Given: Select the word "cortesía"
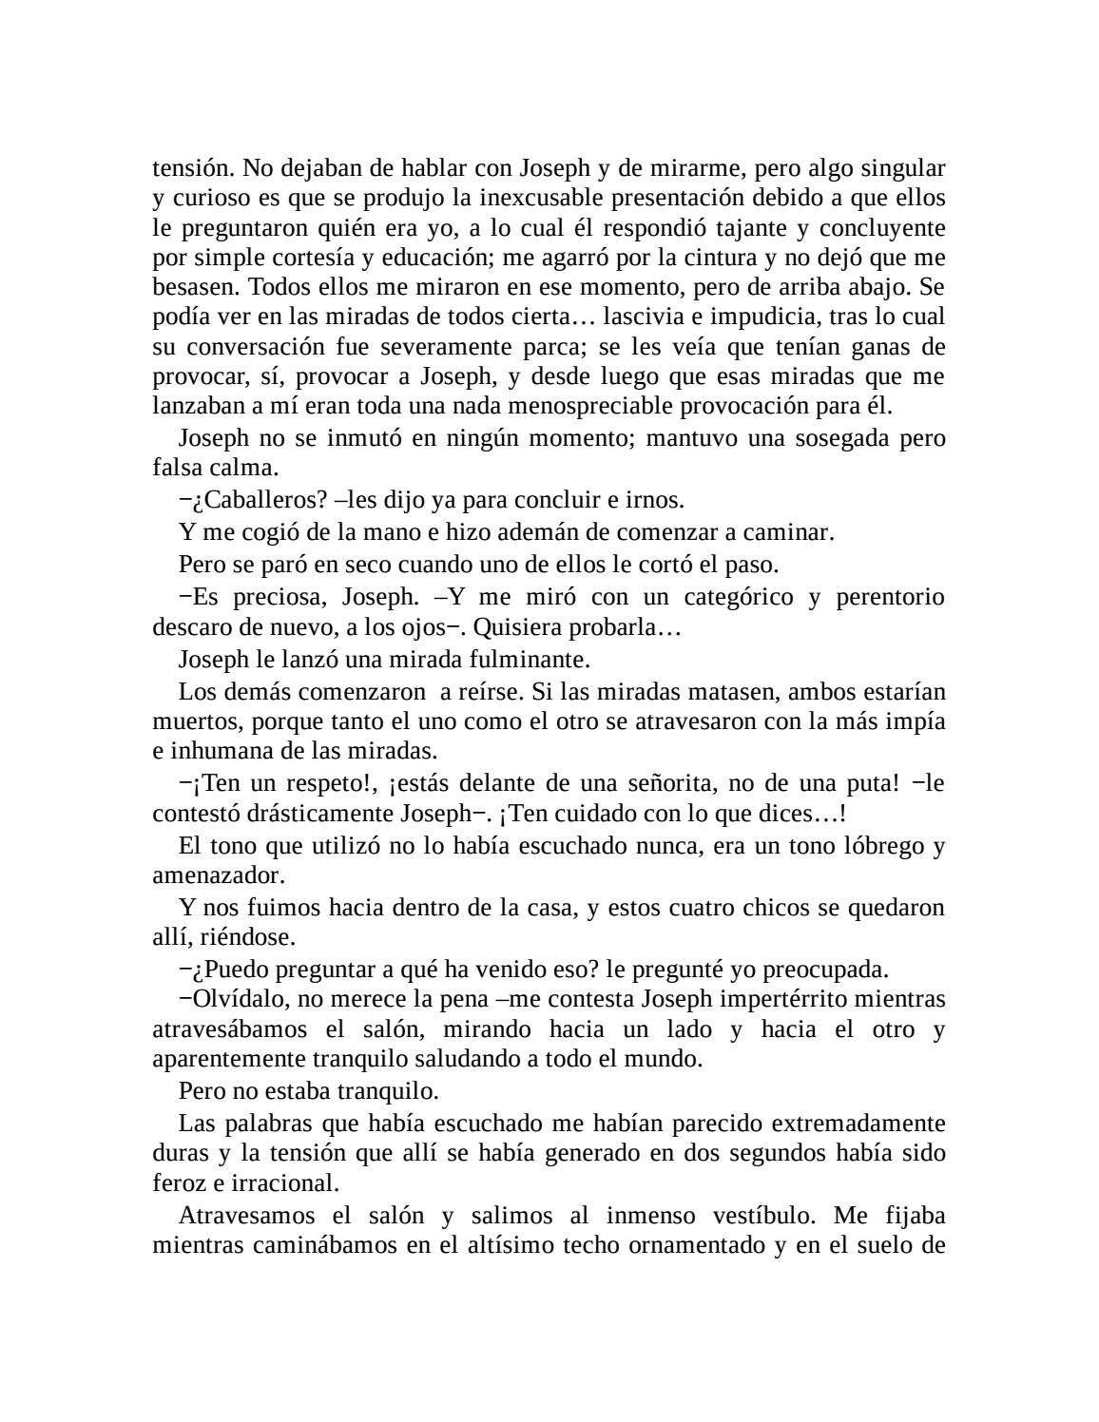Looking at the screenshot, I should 280,258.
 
